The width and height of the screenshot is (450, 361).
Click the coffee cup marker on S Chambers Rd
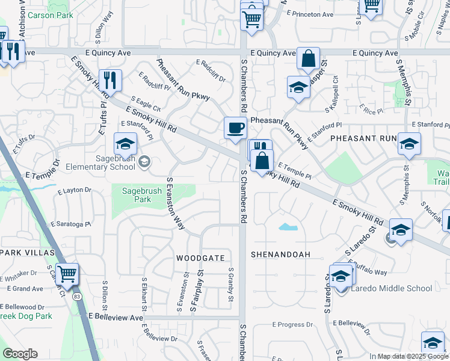(235, 128)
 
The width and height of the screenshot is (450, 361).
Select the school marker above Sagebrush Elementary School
(125, 144)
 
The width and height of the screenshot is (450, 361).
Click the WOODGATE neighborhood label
(200, 258)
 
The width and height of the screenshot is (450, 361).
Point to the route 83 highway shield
(76, 297)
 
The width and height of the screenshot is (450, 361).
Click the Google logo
(20, 354)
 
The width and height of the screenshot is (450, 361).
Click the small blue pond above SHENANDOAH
(288, 227)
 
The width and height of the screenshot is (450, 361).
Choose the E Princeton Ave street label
(310, 13)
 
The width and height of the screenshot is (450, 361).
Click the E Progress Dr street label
(292, 325)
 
